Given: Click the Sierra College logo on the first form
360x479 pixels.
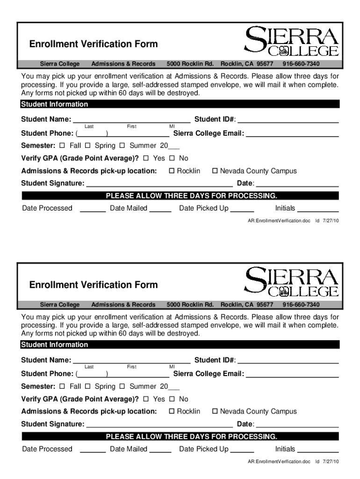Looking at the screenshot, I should [x=291, y=42].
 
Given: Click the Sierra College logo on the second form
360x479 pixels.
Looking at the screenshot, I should [x=291, y=282].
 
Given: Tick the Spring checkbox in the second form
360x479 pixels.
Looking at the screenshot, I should [x=88, y=386].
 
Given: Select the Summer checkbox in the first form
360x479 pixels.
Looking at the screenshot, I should [x=122, y=145].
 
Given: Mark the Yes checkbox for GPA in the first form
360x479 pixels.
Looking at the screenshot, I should [x=146, y=158].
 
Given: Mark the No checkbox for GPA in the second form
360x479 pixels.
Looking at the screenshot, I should [x=172, y=399].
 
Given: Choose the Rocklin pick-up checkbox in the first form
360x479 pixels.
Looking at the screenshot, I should [x=172, y=171].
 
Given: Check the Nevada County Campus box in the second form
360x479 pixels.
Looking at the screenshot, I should [x=215, y=412].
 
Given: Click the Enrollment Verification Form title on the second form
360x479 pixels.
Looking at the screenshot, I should [x=94, y=284].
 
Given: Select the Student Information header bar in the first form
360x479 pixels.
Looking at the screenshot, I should [x=180, y=104].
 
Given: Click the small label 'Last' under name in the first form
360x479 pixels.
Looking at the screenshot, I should [x=89, y=126].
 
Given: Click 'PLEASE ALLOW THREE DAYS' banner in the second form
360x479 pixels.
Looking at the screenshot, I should [x=191, y=436].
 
